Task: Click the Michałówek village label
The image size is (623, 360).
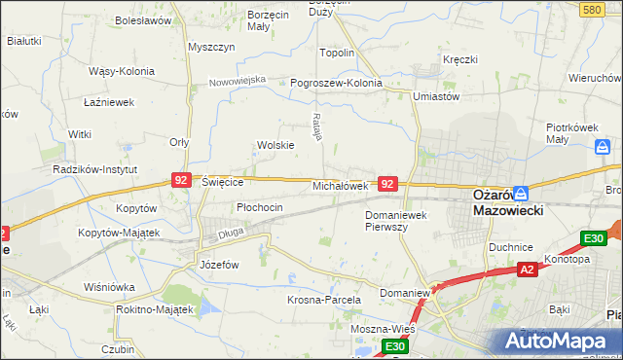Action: [339, 185]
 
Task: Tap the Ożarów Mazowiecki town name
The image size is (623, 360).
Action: [506, 201]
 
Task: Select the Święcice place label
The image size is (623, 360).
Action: [222, 181]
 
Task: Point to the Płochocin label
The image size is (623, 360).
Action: [260, 207]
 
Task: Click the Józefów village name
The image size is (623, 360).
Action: [219, 264]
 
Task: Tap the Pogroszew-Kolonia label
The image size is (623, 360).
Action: [337, 83]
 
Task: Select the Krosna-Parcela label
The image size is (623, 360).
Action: [324, 300]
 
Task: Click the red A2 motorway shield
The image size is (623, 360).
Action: [528, 270]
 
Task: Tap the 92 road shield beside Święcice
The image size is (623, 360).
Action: [180, 180]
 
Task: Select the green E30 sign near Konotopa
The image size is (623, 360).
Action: [594, 238]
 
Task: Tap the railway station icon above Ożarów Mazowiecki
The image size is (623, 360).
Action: [521, 194]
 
